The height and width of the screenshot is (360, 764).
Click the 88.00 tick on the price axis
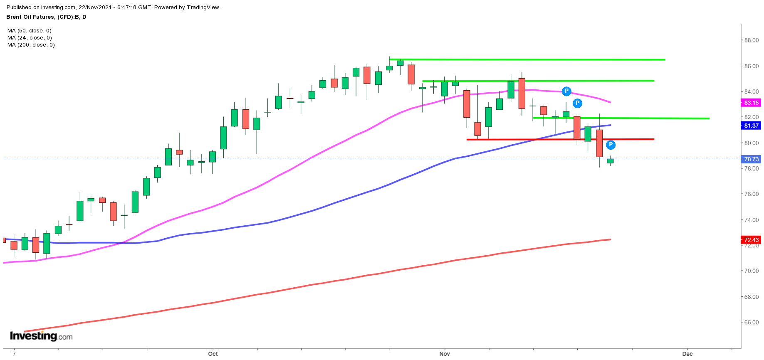751,40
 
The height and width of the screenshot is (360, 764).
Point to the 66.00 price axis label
751,322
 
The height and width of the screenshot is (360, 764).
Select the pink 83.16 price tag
751,103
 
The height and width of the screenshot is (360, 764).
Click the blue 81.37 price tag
751,126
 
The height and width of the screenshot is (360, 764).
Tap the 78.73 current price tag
751,159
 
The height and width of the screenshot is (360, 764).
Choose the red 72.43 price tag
751,240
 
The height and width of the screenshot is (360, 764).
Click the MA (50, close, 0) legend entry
30,31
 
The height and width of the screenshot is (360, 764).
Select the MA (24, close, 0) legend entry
30,38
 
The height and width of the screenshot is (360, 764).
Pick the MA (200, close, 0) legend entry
31,45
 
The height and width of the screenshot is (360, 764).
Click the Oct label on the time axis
213,354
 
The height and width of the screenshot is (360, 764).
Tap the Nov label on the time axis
445,354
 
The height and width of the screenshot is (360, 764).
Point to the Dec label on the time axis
687,354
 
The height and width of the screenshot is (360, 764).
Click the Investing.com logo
41,336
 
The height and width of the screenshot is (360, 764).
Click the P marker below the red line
611,145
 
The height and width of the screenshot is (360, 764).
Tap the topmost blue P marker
566,91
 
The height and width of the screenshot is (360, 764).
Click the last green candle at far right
610,161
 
